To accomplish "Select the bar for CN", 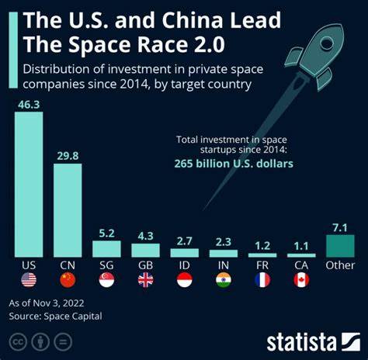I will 68,209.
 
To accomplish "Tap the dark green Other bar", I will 340,246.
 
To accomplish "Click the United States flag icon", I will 29,280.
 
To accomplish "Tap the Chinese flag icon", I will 68,280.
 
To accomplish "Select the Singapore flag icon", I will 106,280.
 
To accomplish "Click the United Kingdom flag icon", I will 145,280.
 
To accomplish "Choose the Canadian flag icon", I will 301,280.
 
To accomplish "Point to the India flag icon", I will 224,280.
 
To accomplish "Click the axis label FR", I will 262,265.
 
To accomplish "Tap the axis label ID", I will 184,265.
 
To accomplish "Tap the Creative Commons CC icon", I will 17,341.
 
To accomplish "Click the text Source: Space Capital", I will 55,316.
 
